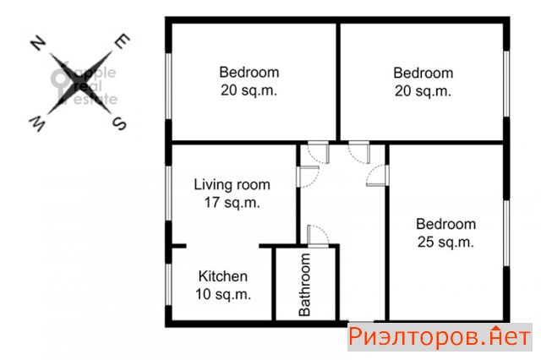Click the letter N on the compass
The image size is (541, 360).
click(38, 43)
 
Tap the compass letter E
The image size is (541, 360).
click(122, 41)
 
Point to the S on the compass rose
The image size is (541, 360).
click(120, 123)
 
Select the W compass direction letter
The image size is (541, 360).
click(37, 124)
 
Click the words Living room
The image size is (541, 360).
click(232, 184)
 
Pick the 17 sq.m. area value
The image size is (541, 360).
click(232, 203)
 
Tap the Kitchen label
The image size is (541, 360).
click(223, 276)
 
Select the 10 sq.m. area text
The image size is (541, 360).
click(223, 294)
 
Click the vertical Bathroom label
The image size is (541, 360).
click(304, 285)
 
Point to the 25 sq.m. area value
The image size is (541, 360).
click(445, 242)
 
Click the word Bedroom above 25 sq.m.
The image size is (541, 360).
click(445, 224)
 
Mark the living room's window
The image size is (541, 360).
click(168, 194)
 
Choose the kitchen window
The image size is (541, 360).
click(168, 285)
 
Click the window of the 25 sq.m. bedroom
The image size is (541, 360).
click(506, 233)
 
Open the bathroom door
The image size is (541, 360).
click(318, 237)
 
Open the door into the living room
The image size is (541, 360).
click(308, 177)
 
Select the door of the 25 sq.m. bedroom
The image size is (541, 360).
click(378, 176)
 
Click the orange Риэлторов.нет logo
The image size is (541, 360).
click(440, 337)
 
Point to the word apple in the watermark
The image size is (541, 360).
click(96, 74)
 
